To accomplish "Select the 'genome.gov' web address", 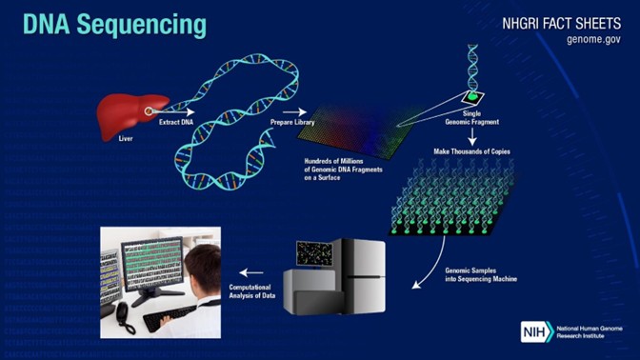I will [592, 39].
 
